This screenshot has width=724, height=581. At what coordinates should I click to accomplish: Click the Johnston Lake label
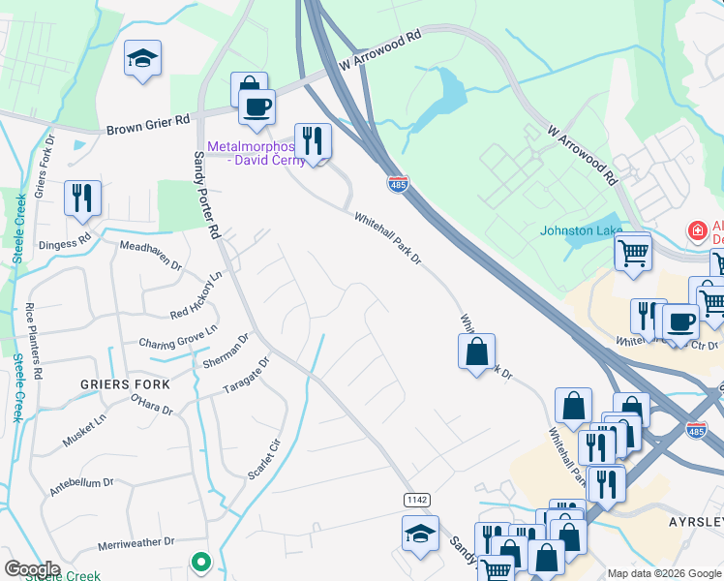pyautogui.click(x=581, y=230)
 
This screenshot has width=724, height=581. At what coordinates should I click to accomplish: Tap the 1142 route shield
pyautogui.click(x=416, y=499)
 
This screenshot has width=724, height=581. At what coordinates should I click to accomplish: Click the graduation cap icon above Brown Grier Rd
pyautogui.click(x=142, y=58)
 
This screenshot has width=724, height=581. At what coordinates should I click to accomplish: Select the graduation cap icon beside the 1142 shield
pyautogui.click(x=420, y=533)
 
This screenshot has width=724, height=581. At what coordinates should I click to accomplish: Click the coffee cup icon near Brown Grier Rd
pyautogui.click(x=257, y=107)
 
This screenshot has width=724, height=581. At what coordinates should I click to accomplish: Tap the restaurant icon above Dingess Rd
pyautogui.click(x=82, y=197)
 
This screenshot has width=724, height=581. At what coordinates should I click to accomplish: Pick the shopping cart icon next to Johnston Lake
pyautogui.click(x=633, y=253)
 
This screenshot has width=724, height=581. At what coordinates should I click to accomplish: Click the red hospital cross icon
pyautogui.click(x=695, y=230)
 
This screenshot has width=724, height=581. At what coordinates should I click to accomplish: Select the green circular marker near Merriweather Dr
pyautogui.click(x=200, y=561)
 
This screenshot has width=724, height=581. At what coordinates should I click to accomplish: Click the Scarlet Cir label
pyautogui.click(x=263, y=458)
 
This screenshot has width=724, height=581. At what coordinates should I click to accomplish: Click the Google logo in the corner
pyautogui.click(x=31, y=569)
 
